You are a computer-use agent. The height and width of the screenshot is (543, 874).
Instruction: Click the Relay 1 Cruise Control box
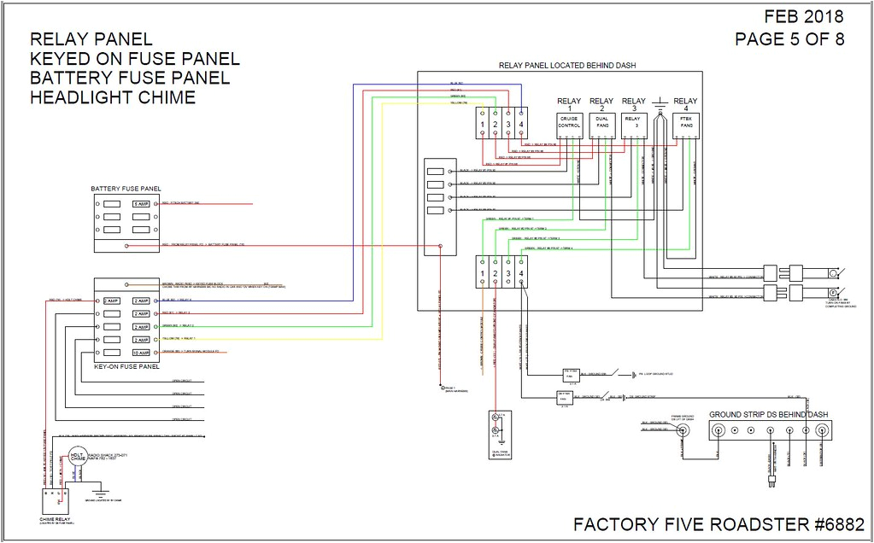569,126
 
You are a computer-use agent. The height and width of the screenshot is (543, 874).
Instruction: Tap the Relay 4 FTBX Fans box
686,126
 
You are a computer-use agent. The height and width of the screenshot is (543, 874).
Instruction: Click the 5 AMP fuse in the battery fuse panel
140,205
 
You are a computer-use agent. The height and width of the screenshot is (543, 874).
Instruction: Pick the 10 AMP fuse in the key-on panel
140,353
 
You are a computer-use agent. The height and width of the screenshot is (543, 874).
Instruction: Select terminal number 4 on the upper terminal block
521,126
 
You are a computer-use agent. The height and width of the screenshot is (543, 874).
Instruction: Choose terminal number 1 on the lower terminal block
483,274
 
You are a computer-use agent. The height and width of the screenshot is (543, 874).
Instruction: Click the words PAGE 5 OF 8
789,39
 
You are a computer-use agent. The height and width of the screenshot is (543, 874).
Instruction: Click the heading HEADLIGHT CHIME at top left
113,97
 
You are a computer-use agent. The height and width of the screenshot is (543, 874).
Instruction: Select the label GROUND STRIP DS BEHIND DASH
769,415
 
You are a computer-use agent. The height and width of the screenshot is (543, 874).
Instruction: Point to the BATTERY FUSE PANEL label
126,189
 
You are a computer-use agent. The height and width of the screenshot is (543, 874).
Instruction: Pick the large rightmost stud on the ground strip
822,430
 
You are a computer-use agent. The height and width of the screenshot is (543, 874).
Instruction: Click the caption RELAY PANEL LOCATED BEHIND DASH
566,65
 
